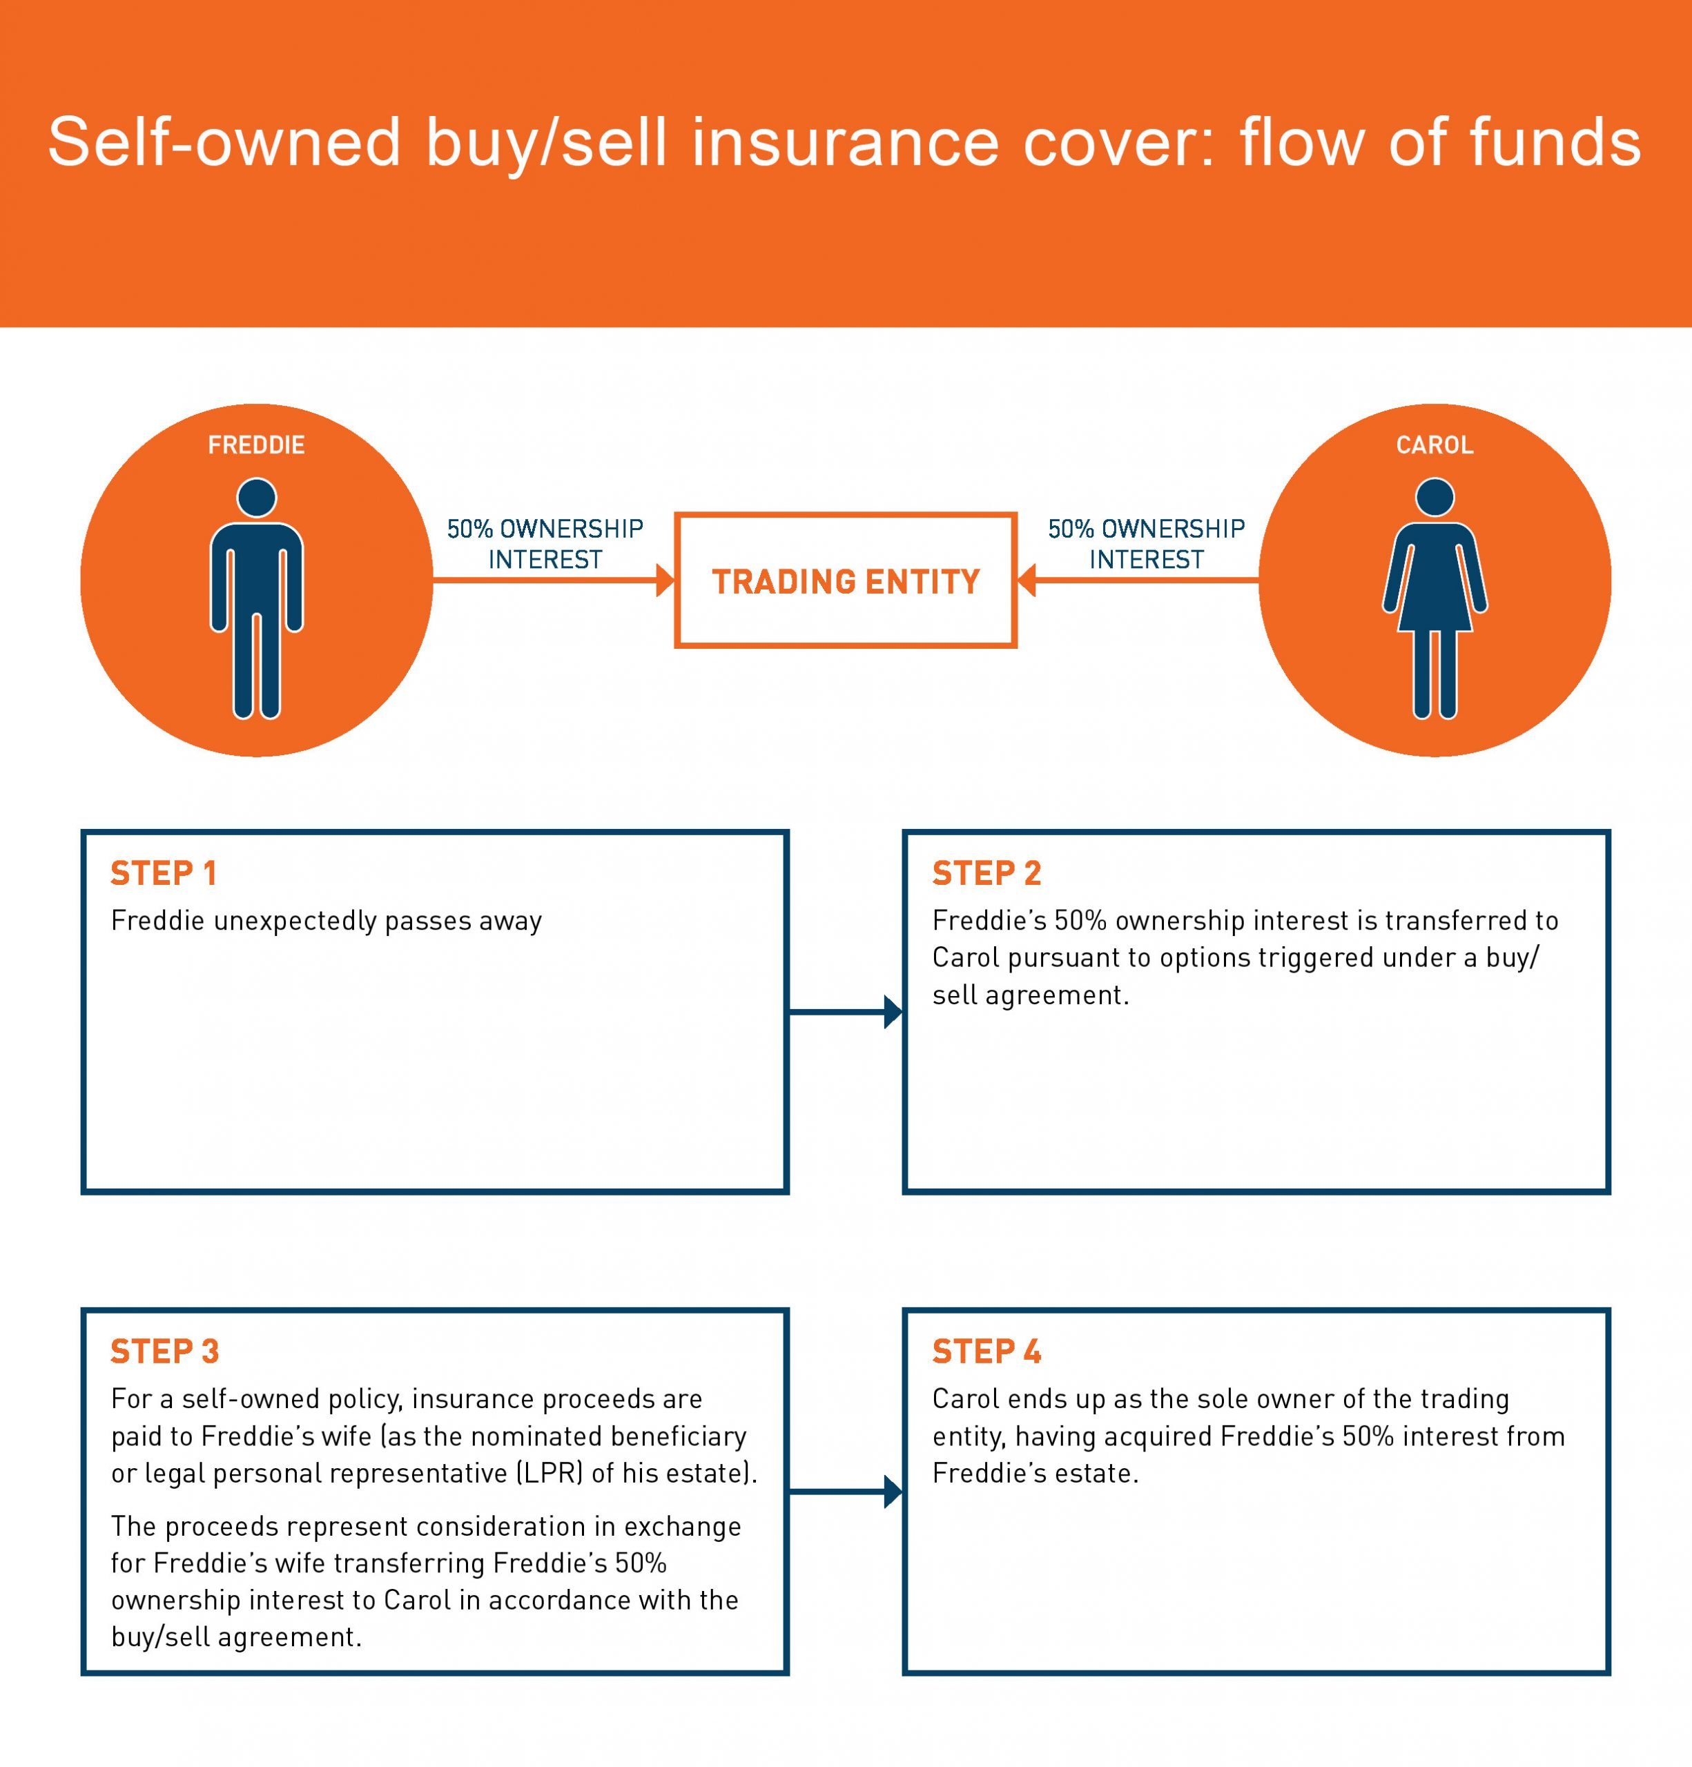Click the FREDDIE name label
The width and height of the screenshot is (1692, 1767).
256,445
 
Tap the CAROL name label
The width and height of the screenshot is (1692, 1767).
1435,445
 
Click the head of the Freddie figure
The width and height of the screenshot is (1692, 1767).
257,498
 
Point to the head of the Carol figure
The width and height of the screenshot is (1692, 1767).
1435,498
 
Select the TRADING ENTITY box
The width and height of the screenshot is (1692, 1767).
846,580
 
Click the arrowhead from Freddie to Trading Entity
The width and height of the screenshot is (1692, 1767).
665,580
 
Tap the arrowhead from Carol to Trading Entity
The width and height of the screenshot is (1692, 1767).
1027,580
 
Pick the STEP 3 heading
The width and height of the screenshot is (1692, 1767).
165,1352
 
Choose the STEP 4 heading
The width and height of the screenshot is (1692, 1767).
986,1352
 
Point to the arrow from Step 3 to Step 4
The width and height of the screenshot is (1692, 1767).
846,1492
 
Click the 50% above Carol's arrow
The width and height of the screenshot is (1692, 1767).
1070,528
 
